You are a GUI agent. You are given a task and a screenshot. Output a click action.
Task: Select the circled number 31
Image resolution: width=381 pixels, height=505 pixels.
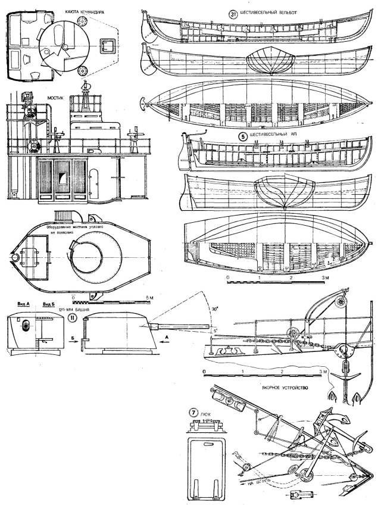click(233, 15)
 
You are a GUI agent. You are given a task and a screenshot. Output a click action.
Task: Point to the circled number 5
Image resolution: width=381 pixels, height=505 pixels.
click(243, 136)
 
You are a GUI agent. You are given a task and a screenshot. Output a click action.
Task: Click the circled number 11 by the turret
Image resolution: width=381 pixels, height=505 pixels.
click(71, 318)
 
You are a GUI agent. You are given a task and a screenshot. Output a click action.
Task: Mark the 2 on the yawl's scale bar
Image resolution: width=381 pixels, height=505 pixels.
click(290, 278)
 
